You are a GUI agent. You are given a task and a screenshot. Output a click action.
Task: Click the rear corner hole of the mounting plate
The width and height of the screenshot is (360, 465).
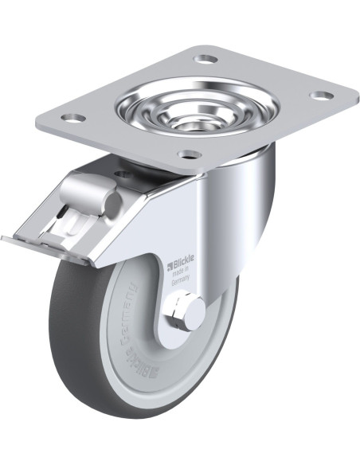tap(206, 59)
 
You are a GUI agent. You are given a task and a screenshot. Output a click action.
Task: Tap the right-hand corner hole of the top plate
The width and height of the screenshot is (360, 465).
tap(320, 96)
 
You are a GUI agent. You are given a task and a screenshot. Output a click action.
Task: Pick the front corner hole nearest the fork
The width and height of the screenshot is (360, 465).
tap(188, 154)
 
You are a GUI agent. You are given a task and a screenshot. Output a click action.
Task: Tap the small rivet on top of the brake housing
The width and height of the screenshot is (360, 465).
tap(121, 173)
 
